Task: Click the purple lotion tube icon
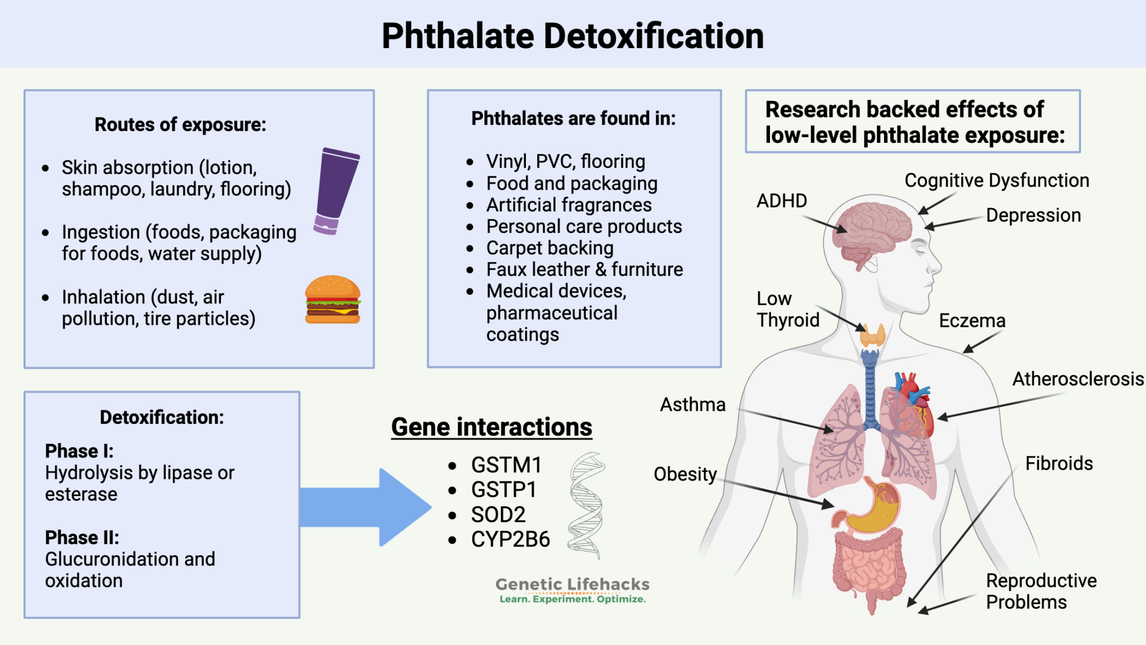[336, 190]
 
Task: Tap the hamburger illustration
[332, 300]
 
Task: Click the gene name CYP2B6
[510, 539]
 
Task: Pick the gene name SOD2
[498, 514]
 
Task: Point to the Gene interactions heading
[491, 427]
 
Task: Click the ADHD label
[781, 200]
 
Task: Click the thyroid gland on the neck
[872, 335]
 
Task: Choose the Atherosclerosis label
[1077, 379]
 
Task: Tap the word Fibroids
[1059, 463]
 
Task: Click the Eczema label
[972, 320]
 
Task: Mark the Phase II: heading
[82, 537]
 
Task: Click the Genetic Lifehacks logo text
[572, 585]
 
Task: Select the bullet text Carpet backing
[549, 248]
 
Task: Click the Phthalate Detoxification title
[572, 36]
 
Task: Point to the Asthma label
[692, 404]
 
